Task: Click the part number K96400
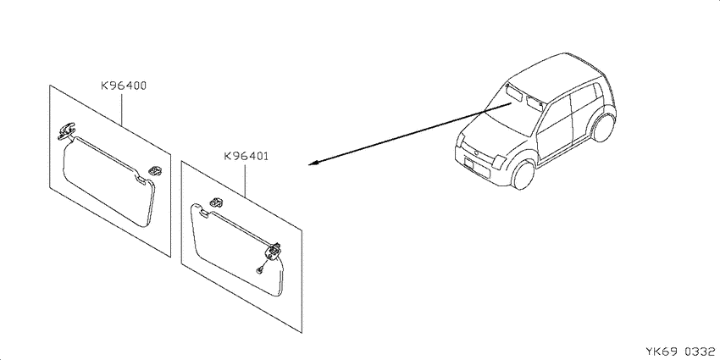[x=124, y=86]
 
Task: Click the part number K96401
[x=246, y=156]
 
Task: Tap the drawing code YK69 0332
[x=680, y=352]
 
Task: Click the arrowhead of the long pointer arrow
[x=314, y=163]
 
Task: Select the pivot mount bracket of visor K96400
[x=66, y=130]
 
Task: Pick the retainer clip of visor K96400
[x=154, y=170]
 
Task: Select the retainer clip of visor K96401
[x=216, y=202]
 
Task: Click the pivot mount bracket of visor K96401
[x=274, y=252]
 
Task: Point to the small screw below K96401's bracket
[x=260, y=270]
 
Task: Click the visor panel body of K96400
[x=108, y=181]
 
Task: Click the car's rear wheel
[x=604, y=128]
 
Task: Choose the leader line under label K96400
[x=122, y=108]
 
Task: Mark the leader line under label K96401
[x=244, y=180]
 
